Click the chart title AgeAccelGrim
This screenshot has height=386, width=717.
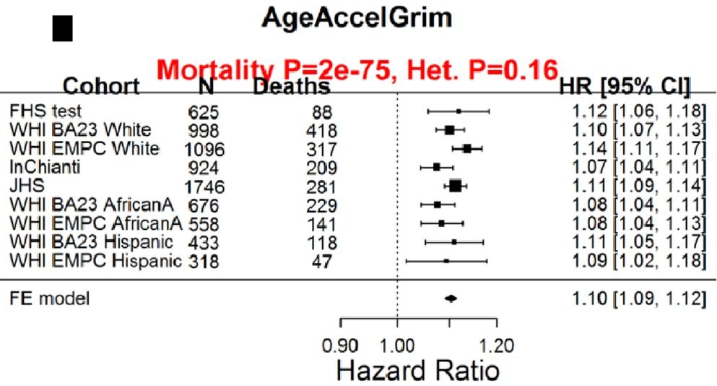pyautogui.click(x=357, y=17)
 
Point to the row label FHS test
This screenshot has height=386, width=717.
pyautogui.click(x=45, y=111)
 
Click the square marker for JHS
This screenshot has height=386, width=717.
pyautogui.click(x=456, y=186)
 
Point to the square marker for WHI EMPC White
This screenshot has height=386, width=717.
pyautogui.click(x=467, y=149)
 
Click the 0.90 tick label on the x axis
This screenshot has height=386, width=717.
pyautogui.click(x=342, y=344)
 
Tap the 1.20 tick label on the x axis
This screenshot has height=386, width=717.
pyautogui.click(x=497, y=344)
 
